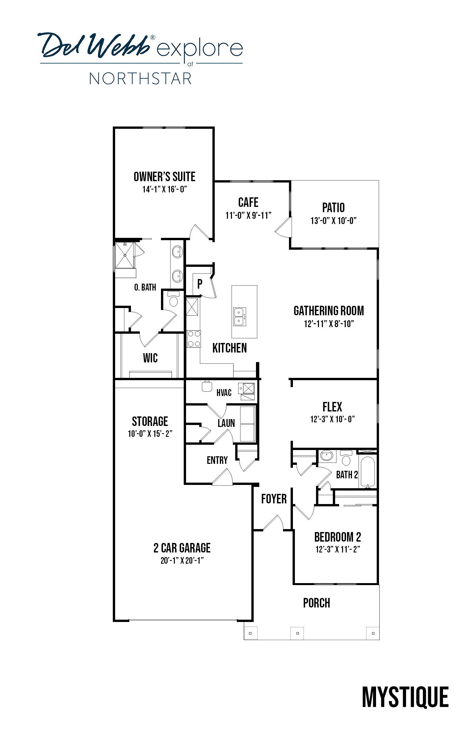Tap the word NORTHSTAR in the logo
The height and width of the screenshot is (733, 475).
pyautogui.click(x=141, y=79)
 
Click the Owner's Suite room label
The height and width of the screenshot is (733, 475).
pyautogui.click(x=164, y=177)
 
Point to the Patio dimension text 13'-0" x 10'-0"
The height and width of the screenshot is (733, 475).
pyautogui.click(x=333, y=221)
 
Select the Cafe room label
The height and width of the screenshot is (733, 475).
pyautogui.click(x=248, y=202)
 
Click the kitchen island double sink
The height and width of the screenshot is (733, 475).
pyautogui.click(x=239, y=317)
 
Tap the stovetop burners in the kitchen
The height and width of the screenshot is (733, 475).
pyautogui.click(x=194, y=339)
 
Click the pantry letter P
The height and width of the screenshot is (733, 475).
pyautogui.click(x=200, y=284)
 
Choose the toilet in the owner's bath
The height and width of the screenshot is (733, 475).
pyautogui.click(x=173, y=299)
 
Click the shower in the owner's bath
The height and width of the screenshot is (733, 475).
pyautogui.click(x=125, y=255)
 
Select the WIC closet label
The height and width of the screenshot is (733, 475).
pyautogui.click(x=150, y=358)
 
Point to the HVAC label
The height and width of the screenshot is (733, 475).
pyautogui.click(x=224, y=392)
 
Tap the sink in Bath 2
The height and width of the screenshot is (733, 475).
pyautogui.click(x=327, y=457)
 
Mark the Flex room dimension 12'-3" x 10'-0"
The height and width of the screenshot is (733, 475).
pyautogui.click(x=332, y=419)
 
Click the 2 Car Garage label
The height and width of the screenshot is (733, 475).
pyautogui.click(x=182, y=548)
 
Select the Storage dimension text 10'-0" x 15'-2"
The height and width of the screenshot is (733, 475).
pyautogui.click(x=150, y=434)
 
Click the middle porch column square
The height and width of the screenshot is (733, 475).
pyautogui.click(x=298, y=633)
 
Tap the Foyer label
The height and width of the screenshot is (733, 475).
pyautogui.click(x=274, y=499)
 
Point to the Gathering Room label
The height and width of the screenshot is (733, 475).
pyautogui.click(x=329, y=311)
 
